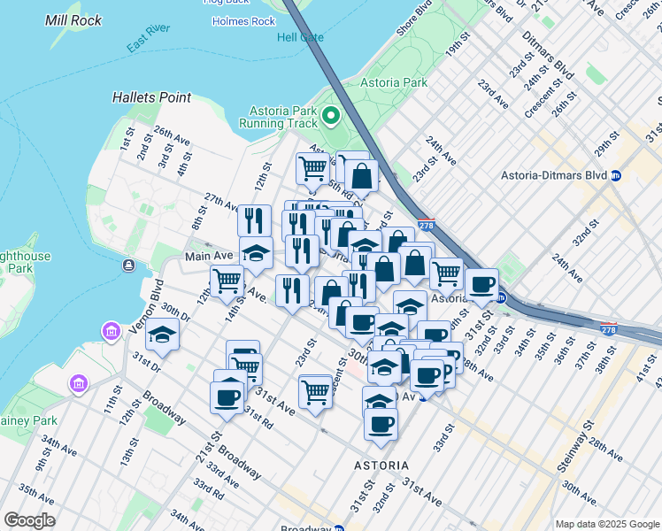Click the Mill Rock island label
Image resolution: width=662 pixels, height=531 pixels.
[x=73, y=19]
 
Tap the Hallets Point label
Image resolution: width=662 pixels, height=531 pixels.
[x=147, y=96]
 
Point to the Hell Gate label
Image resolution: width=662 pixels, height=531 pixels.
[x=300, y=37]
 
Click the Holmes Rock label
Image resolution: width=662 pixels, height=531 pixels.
[x=251, y=21]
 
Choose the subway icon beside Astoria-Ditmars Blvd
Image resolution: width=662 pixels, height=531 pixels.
[x=616, y=175]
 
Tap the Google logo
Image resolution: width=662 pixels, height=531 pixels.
[x=30, y=520]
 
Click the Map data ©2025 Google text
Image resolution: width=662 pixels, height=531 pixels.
[x=606, y=524]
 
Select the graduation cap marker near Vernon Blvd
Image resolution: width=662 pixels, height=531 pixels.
[x=163, y=335]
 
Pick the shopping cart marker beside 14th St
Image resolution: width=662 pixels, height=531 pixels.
[x=227, y=281]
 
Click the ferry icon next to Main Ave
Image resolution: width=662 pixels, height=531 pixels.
[x=129, y=265]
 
